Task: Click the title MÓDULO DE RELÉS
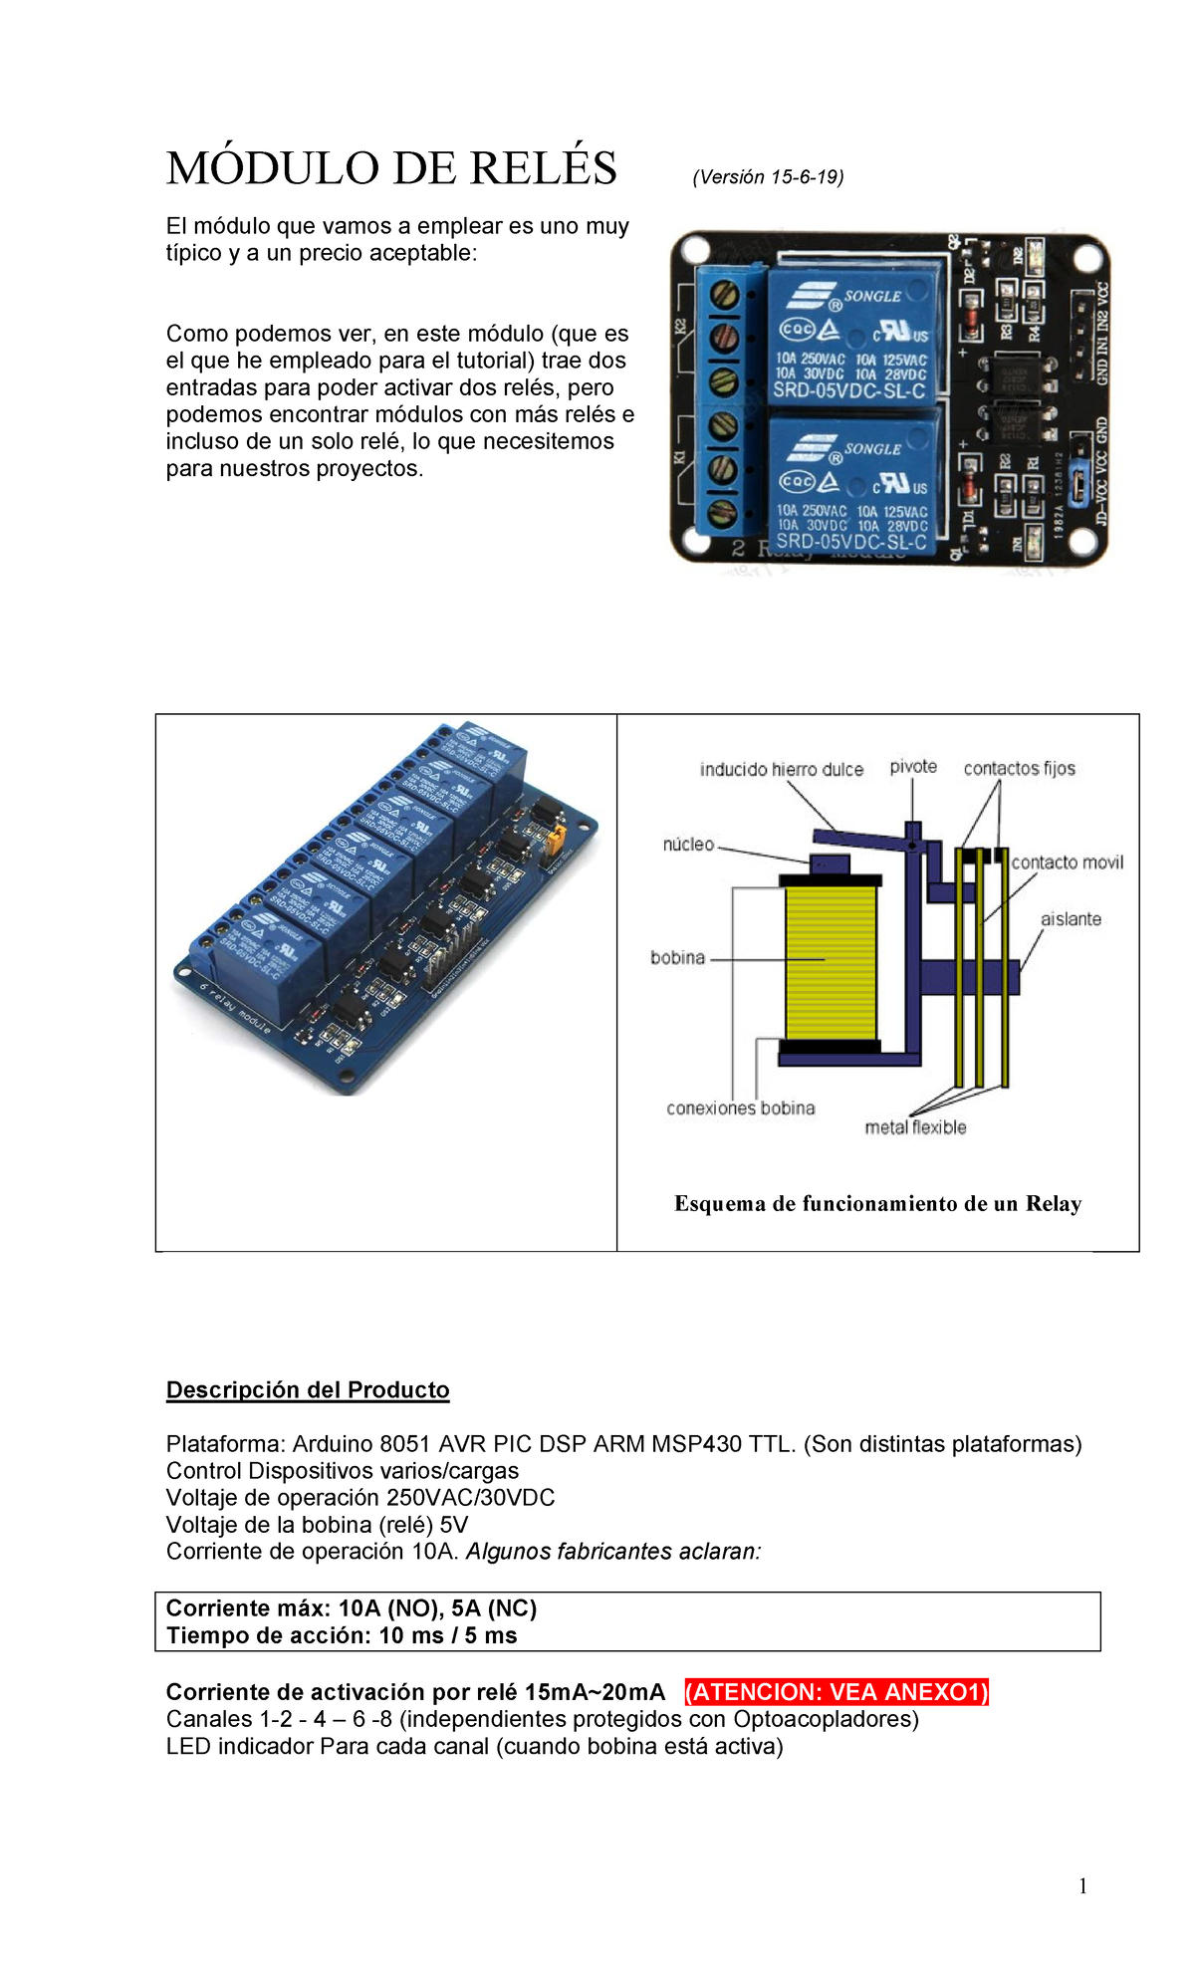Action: point(391,168)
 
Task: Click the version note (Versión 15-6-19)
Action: point(768,177)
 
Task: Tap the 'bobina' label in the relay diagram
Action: point(677,958)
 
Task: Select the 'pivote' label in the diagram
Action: point(913,767)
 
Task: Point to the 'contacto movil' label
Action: point(1067,862)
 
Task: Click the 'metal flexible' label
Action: point(915,1127)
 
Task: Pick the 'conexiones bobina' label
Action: point(740,1108)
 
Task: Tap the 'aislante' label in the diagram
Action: point(1071,919)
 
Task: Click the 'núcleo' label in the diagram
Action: point(688,845)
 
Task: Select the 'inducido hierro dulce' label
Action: point(781,770)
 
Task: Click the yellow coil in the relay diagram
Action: point(830,961)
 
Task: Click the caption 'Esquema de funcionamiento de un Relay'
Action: point(877,1204)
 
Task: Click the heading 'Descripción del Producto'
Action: point(308,1390)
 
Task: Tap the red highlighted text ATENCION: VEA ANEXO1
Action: point(836,1692)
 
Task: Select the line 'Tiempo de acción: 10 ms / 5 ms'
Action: point(342,1635)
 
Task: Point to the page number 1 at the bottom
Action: point(1082,1885)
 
